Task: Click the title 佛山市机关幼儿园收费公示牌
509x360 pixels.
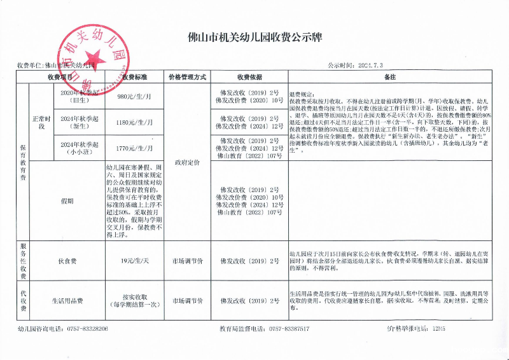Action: [255, 38]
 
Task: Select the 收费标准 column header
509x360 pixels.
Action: [134, 77]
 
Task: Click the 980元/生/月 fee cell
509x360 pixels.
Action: [134, 97]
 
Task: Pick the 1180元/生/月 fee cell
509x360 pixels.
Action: [134, 122]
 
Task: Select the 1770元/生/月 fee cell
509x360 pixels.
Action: [134, 148]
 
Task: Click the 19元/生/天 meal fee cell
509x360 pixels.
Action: [134, 260]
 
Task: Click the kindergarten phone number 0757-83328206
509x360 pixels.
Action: [82, 329]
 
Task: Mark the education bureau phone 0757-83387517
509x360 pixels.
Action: [289, 329]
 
